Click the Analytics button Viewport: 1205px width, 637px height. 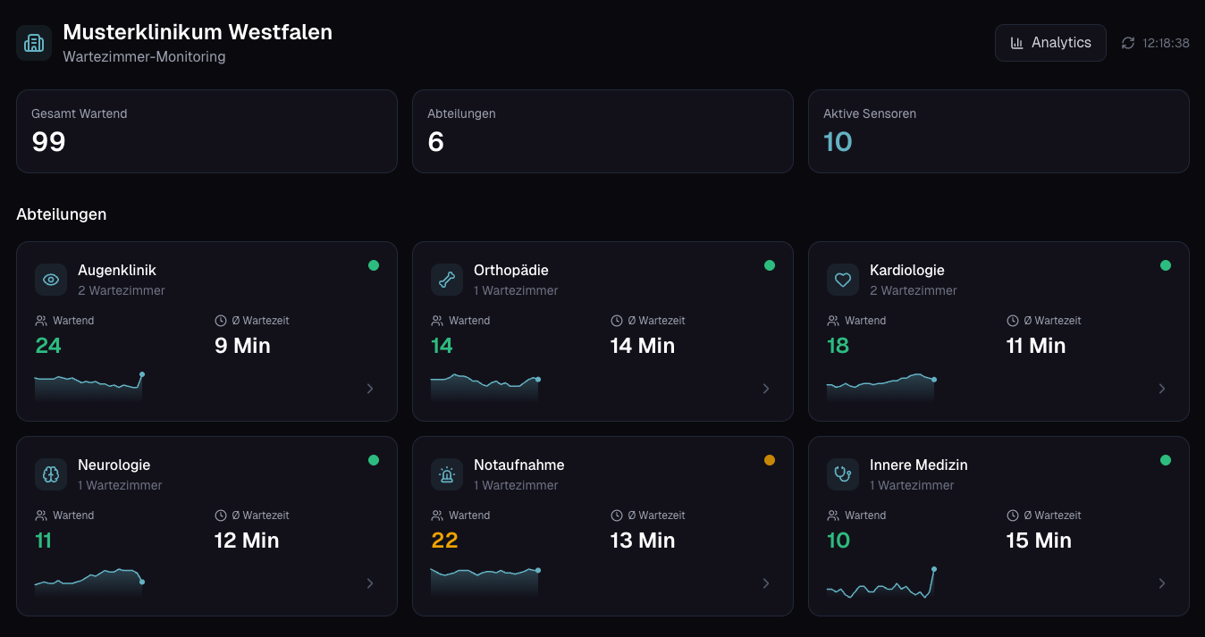(x=1050, y=43)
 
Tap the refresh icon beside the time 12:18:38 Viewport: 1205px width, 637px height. (x=1128, y=43)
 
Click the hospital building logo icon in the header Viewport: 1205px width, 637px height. (x=34, y=43)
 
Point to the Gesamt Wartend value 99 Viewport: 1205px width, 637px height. (x=49, y=142)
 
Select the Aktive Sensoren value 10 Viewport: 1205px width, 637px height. (x=838, y=142)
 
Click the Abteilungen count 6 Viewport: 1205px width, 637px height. (x=436, y=142)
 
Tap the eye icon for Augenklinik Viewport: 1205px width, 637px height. (x=51, y=280)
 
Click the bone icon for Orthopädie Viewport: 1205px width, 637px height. (x=447, y=280)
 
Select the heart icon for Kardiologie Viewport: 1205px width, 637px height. (x=843, y=280)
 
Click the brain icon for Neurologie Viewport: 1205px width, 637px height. (x=51, y=474)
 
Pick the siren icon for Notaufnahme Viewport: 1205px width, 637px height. (x=447, y=474)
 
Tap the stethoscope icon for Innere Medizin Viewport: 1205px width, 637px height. (x=843, y=474)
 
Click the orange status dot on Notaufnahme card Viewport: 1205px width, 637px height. (x=770, y=460)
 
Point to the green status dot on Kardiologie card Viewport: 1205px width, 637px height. (x=1166, y=265)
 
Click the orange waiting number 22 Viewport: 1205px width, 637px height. (x=444, y=541)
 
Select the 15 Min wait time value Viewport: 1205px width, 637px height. (x=1039, y=541)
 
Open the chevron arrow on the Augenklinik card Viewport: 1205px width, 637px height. (x=370, y=389)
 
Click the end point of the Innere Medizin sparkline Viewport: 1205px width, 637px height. (x=934, y=569)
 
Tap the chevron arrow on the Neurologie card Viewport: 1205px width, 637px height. (x=370, y=583)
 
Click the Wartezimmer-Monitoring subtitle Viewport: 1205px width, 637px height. (x=144, y=57)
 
